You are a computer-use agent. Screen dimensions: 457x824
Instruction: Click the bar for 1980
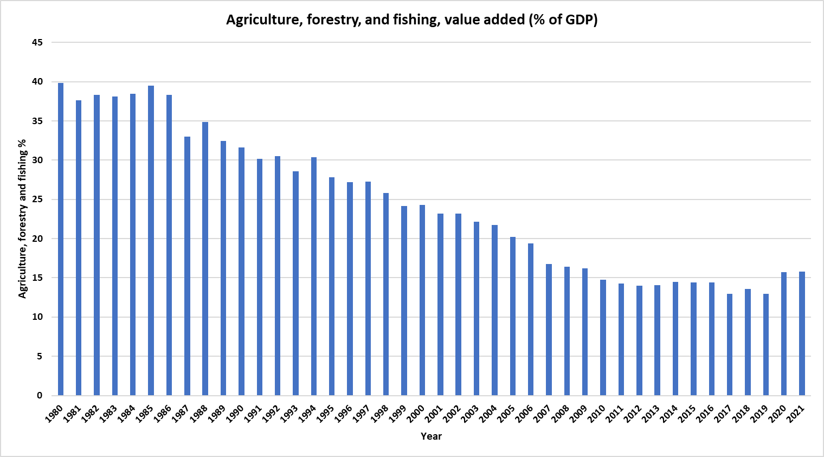(61, 239)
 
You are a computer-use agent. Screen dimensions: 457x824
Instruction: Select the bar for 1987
(187, 266)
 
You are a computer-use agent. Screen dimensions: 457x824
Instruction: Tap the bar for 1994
(314, 276)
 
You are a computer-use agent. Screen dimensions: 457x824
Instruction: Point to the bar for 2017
(730, 344)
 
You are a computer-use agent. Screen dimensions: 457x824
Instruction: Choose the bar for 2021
(802, 333)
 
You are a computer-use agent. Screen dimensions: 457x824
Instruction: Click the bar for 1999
(404, 300)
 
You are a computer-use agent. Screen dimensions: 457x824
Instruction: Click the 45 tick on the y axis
(37, 42)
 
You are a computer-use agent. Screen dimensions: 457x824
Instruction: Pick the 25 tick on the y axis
(37, 199)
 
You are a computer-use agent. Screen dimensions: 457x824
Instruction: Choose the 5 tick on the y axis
(39, 356)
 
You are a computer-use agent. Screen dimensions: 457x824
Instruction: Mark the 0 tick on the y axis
(39, 395)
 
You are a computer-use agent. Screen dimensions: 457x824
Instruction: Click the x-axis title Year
(431, 436)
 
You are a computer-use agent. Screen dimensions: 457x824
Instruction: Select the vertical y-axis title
(22, 218)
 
